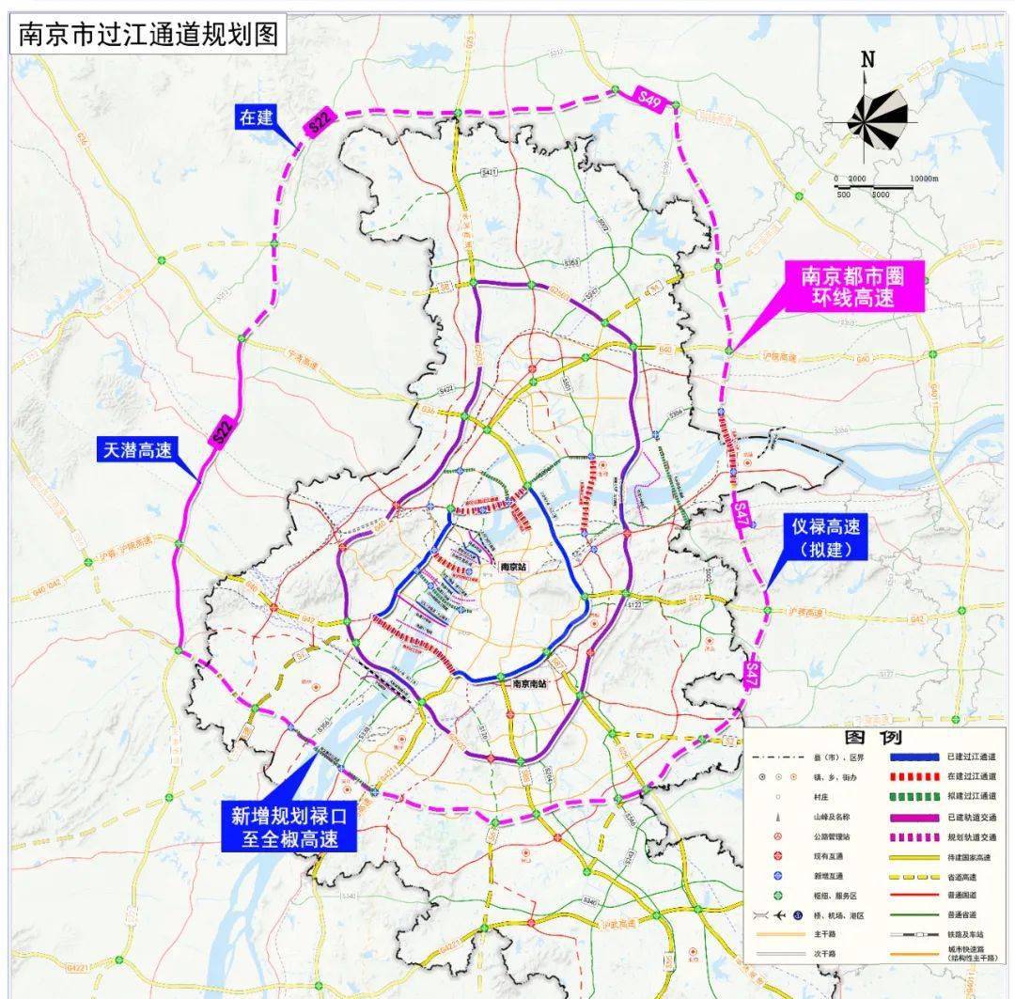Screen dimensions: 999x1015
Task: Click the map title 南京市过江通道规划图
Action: tap(148, 35)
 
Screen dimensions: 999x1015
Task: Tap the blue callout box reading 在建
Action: tap(255, 117)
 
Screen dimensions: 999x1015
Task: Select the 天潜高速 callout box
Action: tap(136, 451)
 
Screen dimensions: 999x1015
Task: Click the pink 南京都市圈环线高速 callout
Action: tap(857, 287)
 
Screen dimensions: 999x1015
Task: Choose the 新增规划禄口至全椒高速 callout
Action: tap(289, 827)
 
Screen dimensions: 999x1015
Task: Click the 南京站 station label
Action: tap(512, 567)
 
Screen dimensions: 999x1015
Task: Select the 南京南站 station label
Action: tap(530, 685)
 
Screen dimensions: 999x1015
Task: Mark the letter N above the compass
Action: tap(867, 59)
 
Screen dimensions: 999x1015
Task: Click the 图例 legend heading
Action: tap(873, 738)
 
